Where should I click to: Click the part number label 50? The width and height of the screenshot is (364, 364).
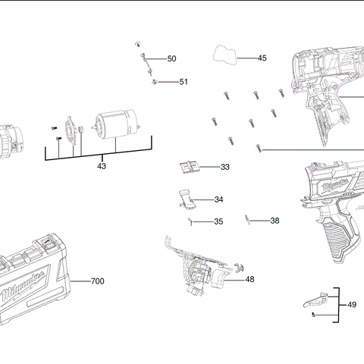pos(171,58)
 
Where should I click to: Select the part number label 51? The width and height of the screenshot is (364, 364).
pos(184,82)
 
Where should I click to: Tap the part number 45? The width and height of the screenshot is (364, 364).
pos(262,58)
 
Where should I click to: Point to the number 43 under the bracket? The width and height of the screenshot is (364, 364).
pos(101,165)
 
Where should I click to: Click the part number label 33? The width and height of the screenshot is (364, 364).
pos(225,167)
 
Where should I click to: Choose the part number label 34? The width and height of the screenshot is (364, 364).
pos(218,199)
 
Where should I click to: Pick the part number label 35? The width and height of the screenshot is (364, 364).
pos(218,221)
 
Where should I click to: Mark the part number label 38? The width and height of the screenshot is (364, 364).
pos(275,221)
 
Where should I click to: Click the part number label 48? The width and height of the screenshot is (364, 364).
pos(249,279)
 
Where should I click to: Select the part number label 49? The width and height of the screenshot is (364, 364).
pos(351,304)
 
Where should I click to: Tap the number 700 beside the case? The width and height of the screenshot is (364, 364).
pos(97,281)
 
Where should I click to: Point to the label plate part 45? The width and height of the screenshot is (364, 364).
pos(224,54)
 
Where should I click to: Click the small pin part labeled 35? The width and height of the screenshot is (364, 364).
pos(191,221)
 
